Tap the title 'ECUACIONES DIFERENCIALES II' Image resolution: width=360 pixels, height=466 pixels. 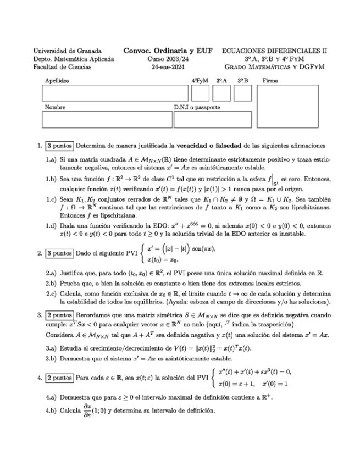(x=274, y=50)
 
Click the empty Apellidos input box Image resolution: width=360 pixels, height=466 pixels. (x=115, y=93)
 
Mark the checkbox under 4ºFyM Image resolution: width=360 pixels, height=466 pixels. (x=200, y=93)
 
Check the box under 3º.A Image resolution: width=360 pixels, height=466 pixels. (x=221, y=93)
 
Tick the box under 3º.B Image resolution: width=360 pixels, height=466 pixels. (x=242, y=93)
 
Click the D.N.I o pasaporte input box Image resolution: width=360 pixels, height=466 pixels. (x=213, y=119)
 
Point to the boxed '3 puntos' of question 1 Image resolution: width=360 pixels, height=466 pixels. (x=59, y=146)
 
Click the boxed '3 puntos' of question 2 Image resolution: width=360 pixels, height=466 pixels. (x=59, y=253)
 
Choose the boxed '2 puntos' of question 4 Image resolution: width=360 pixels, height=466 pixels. (x=59, y=378)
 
